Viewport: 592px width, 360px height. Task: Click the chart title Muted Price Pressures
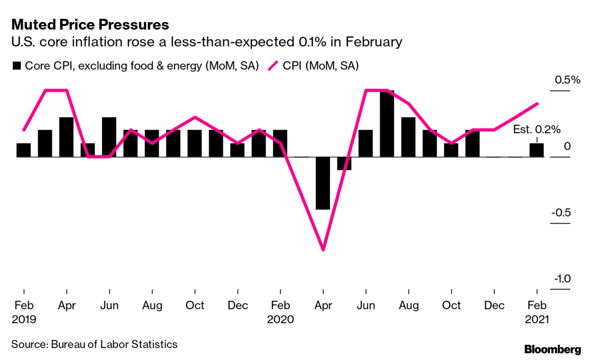coord(90,25)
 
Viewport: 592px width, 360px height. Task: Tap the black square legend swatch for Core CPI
coord(16,66)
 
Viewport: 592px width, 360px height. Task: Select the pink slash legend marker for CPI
coord(273,66)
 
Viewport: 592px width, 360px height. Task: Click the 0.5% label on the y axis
coord(567,80)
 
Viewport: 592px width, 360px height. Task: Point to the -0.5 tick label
coord(561,212)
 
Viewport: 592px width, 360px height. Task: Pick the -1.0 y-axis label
coord(562,279)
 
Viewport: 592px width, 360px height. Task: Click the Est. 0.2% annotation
coord(537,129)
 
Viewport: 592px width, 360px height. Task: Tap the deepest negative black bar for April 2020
coord(323,183)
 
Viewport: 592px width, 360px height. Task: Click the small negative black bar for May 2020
coord(344,163)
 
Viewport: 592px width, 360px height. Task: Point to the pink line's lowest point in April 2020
coord(323,250)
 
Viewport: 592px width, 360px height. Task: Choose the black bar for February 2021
coord(537,150)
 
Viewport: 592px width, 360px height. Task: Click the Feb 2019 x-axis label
coord(24,312)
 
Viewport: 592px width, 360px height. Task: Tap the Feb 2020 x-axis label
coord(280,312)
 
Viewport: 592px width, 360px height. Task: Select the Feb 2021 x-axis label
coord(537,312)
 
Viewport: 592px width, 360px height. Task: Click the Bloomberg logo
coord(552,349)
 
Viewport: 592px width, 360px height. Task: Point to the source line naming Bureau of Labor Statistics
coord(94,344)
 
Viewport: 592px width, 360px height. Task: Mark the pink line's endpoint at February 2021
coord(537,104)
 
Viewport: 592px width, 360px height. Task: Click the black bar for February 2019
coord(24,150)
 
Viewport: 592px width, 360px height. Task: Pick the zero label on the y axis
coord(567,146)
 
